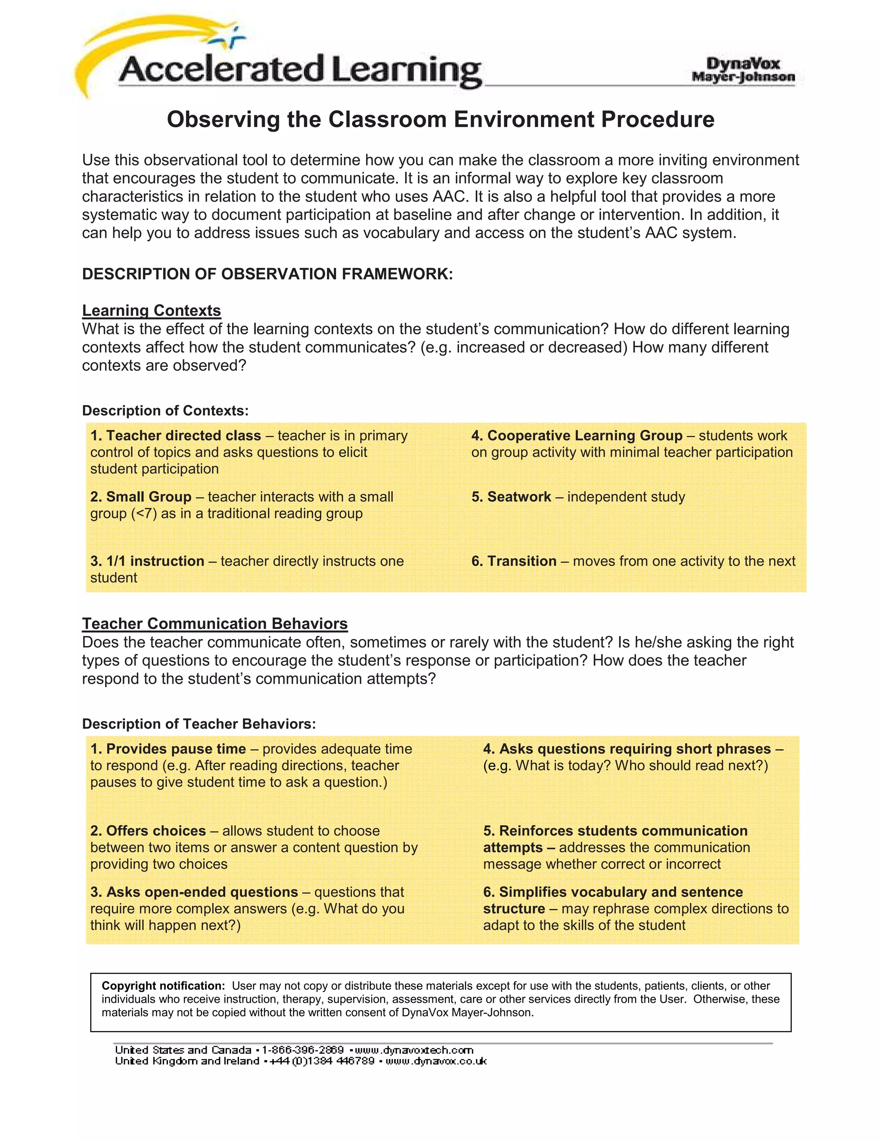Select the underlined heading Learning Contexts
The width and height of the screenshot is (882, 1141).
[x=152, y=310]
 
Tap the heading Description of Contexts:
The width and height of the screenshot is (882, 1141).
[x=165, y=411]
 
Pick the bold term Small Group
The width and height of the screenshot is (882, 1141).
[x=149, y=497]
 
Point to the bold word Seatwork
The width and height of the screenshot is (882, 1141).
[x=519, y=497]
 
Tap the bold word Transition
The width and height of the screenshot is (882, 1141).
[x=522, y=561]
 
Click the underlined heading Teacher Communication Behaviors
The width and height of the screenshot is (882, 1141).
[x=215, y=624]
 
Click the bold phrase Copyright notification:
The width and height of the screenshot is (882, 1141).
[x=163, y=986]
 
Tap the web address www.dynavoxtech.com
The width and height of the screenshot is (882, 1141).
[x=414, y=1050]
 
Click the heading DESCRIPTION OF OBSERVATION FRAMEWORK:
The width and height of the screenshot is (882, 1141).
[x=267, y=274]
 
